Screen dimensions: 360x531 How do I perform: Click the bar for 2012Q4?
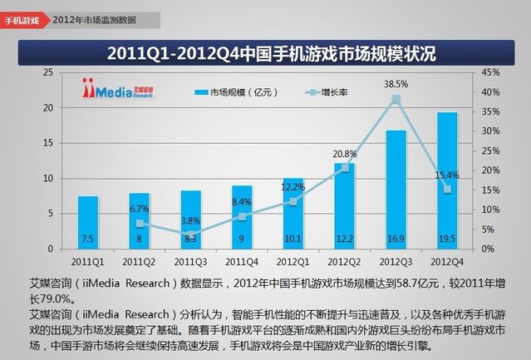[x=446, y=179]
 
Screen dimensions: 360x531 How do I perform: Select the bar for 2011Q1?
[x=88, y=221]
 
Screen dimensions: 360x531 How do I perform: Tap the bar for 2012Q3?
[x=396, y=188]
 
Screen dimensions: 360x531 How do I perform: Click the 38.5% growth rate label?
[x=395, y=84]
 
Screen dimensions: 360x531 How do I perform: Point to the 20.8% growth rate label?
[x=344, y=154]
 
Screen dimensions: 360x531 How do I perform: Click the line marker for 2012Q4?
[x=446, y=189]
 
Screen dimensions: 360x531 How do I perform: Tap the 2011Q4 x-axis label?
[x=242, y=260]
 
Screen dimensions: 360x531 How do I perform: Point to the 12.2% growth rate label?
[x=293, y=187]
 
